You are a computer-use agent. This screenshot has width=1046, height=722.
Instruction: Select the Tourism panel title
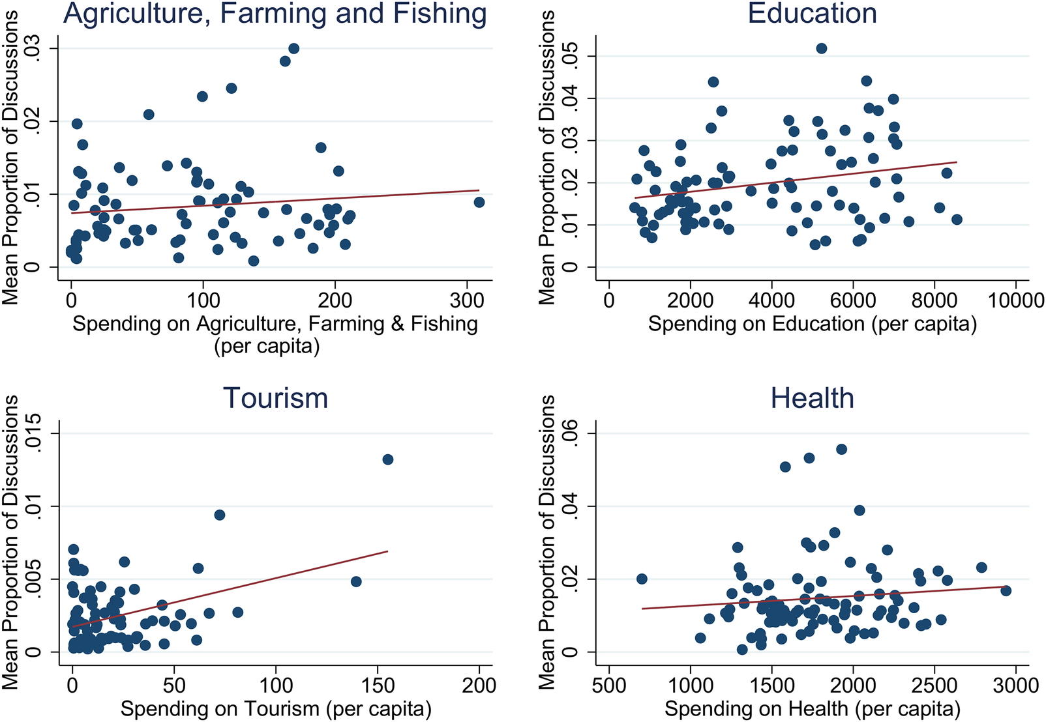[275, 398]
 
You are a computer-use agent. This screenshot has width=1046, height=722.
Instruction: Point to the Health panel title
[812, 398]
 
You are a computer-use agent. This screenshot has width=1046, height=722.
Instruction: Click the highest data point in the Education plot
[822, 48]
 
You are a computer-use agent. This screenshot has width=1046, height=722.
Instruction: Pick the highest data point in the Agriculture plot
[293, 48]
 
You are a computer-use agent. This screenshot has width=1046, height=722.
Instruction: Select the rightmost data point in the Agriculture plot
[479, 202]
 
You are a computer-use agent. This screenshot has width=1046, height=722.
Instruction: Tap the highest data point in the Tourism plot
[388, 459]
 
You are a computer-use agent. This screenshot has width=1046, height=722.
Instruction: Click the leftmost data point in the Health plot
[642, 579]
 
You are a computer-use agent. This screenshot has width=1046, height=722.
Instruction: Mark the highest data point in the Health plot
[841, 449]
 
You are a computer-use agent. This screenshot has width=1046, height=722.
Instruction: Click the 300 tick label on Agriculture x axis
[467, 300]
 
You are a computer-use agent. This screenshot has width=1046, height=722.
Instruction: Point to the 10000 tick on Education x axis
[1015, 300]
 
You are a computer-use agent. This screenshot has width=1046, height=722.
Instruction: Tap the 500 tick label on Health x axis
[608, 686]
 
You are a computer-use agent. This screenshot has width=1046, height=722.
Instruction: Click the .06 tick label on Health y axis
[571, 434]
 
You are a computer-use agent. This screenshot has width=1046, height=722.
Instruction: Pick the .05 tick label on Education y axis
[571, 56]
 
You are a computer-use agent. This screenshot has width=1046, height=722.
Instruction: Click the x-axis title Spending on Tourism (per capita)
[276, 708]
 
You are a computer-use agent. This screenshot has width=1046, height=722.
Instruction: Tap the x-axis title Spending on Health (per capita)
[812, 708]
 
